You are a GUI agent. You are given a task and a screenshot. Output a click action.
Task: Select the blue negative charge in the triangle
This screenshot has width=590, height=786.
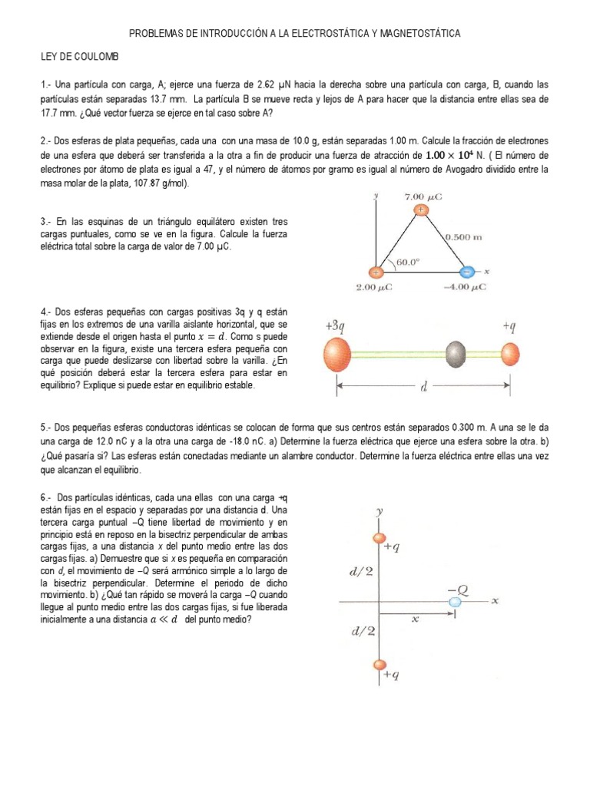tap(466, 272)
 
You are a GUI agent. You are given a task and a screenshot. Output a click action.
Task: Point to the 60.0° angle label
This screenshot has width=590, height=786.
tap(409, 261)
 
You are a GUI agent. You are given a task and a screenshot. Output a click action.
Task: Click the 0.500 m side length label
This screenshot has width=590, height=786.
tap(463, 237)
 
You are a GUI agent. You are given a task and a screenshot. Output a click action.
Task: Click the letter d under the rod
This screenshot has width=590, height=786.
tap(423, 387)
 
